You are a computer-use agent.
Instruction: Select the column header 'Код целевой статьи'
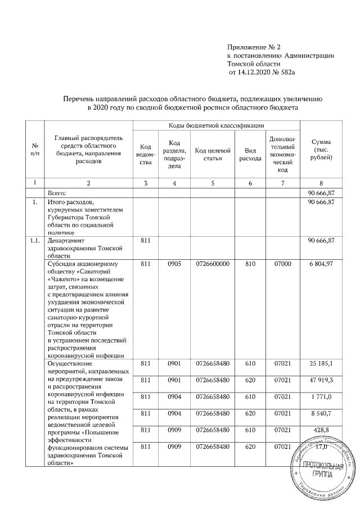click(x=212, y=151)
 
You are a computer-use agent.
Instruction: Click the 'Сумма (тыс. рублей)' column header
click(x=321, y=151)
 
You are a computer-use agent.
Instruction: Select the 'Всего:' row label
click(x=57, y=192)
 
